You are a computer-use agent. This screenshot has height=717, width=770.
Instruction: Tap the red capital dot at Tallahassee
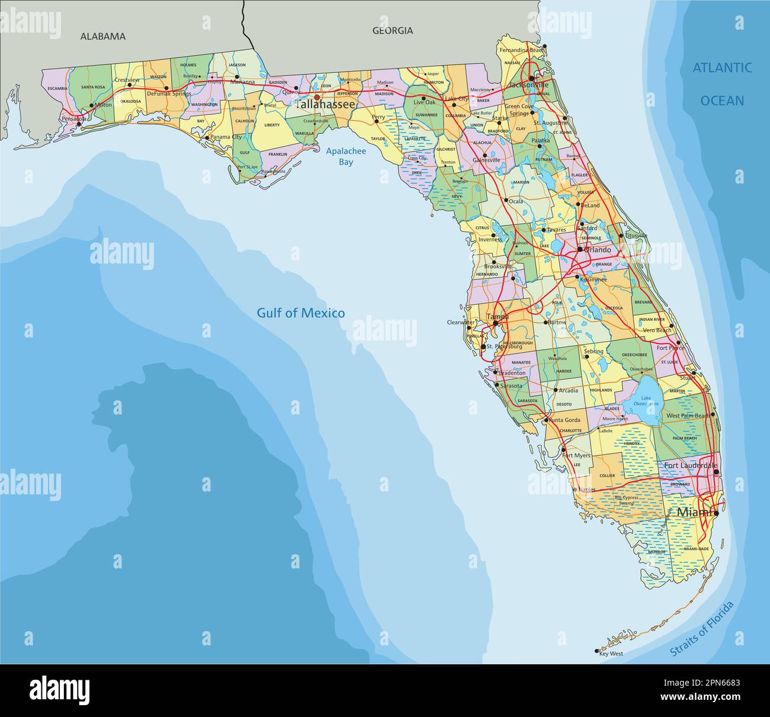tap(317, 98)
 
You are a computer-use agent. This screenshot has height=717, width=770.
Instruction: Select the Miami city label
tap(694, 512)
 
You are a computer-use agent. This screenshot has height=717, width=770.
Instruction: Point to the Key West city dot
tap(597, 651)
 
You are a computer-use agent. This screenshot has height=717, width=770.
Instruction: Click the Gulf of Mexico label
tap(300, 313)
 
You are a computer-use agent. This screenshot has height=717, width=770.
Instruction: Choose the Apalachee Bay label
tap(346, 156)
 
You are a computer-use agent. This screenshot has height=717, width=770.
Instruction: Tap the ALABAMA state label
tap(103, 36)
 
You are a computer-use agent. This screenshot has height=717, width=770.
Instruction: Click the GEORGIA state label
tap(392, 31)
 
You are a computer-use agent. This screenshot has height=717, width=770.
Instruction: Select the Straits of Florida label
tap(702, 629)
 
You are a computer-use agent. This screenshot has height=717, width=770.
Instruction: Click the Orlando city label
tap(598, 250)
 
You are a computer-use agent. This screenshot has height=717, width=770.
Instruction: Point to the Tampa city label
tap(497, 317)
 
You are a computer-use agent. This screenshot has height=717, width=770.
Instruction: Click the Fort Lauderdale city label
tap(690, 466)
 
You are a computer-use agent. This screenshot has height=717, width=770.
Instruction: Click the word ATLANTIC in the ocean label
tap(722, 68)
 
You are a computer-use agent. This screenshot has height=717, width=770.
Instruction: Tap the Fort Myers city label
tap(576, 456)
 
